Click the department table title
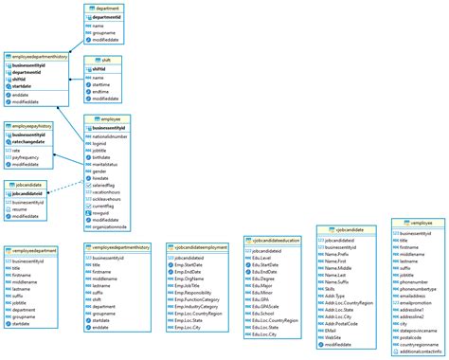(x=107, y=8)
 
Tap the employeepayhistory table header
(x=31, y=125)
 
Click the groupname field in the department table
(x=104, y=34)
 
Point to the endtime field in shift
(x=103, y=92)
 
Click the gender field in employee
(x=100, y=171)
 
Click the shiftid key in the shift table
(x=99, y=68)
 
